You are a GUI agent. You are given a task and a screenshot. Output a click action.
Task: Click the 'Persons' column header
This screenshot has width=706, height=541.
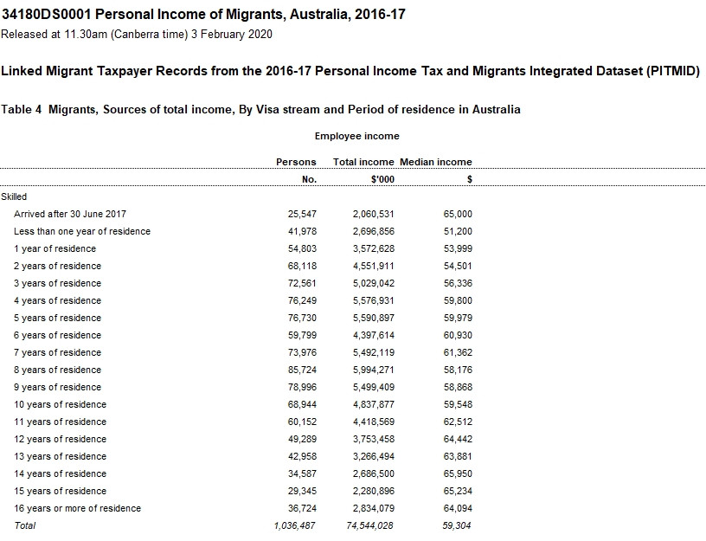point(296,162)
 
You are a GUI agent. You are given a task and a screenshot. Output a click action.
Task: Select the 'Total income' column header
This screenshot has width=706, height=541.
point(363,162)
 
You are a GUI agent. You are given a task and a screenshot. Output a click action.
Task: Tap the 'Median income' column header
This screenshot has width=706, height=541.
point(436,162)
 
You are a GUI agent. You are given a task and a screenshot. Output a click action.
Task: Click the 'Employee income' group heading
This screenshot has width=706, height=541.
point(356,136)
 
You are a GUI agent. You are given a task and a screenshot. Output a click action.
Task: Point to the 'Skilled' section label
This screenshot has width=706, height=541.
point(14,196)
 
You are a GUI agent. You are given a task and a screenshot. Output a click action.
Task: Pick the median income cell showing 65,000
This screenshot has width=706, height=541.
point(457,214)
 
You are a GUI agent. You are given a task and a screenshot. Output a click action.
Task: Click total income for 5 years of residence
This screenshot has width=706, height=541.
point(374,318)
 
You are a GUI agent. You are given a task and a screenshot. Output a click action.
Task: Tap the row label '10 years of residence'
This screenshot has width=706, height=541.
point(60,404)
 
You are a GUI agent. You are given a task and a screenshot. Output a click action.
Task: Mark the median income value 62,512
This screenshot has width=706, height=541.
point(457,422)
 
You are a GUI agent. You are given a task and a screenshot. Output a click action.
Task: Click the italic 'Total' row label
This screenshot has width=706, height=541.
point(25,525)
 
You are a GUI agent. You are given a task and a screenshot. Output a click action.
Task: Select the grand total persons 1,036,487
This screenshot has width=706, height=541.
point(295,525)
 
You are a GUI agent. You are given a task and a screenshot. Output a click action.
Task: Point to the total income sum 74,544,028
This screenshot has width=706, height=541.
point(370,525)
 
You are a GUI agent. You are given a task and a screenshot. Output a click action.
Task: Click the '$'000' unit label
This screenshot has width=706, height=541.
point(382,179)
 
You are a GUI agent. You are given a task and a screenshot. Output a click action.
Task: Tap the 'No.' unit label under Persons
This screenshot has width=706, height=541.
point(309,179)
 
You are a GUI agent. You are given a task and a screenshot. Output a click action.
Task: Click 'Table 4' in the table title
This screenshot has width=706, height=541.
point(22,110)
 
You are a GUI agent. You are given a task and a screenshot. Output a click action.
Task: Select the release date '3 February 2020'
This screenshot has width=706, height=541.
point(232,35)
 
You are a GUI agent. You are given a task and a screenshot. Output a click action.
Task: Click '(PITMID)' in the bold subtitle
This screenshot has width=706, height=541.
point(671,71)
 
